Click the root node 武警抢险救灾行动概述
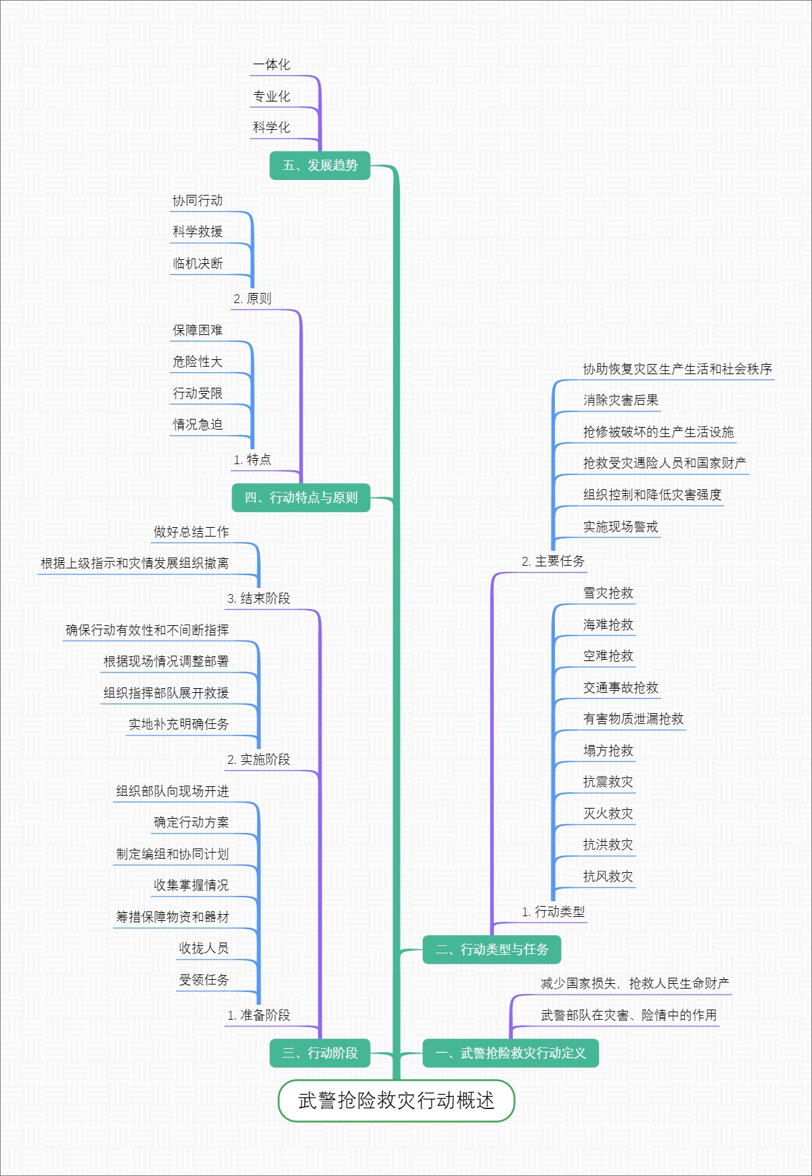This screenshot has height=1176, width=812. (397, 1101)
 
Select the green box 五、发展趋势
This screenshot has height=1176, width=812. (320, 166)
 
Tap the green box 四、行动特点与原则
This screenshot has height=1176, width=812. (301, 498)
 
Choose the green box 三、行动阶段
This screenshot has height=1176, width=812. (320, 1053)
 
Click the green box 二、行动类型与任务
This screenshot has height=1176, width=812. (492, 950)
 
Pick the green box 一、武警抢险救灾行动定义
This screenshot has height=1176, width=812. (510, 1053)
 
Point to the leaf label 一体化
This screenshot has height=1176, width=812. (271, 65)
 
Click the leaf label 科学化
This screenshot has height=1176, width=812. (271, 128)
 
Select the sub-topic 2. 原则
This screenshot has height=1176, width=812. (252, 299)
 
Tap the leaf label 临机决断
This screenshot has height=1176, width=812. (198, 264)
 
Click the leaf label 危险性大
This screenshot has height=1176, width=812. (198, 362)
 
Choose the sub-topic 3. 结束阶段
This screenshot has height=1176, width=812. (258, 599)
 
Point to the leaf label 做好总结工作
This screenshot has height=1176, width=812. (191, 533)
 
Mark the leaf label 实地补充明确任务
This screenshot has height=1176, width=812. (179, 725)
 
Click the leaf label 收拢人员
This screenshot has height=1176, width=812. (204, 949)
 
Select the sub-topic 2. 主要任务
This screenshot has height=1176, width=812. (553, 562)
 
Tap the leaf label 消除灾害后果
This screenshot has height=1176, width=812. (621, 401)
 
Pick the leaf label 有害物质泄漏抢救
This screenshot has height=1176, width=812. (633, 719)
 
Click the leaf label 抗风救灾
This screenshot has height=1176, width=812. (608, 877)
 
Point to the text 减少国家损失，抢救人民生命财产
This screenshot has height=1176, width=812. (635, 984)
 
